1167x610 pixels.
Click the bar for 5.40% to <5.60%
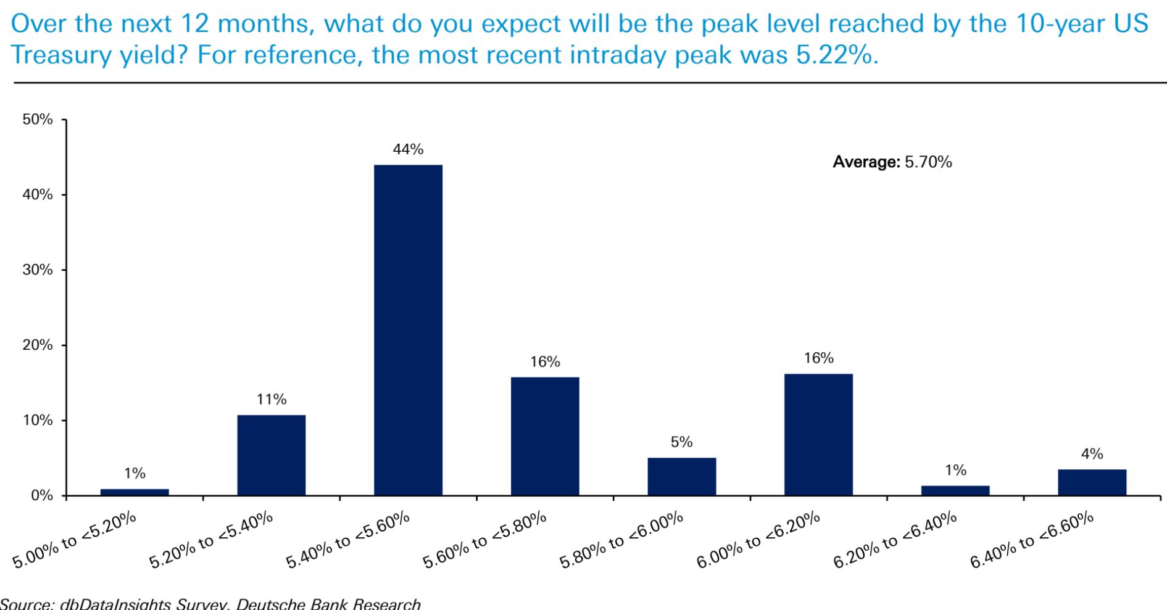click(x=408, y=330)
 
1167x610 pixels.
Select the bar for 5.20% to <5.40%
click(x=272, y=455)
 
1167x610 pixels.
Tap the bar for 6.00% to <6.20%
click(x=818, y=435)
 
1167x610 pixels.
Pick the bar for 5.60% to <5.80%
click(x=545, y=436)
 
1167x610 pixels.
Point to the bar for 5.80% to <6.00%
click(x=682, y=476)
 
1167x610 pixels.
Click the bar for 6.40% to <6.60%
click(x=1092, y=482)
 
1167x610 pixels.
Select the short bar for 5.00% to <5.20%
click(x=135, y=492)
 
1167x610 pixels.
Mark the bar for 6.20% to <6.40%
click(x=955, y=490)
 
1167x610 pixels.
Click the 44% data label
click(x=408, y=149)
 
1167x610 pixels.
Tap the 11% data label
click(x=272, y=400)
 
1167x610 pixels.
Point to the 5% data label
click(x=682, y=442)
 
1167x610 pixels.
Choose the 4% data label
click(x=1092, y=454)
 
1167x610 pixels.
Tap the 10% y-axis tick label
click(x=38, y=421)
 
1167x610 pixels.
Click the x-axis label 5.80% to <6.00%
click(x=621, y=540)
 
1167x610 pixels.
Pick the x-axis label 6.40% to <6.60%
click(x=1031, y=540)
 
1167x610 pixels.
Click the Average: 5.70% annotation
click(x=892, y=162)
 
